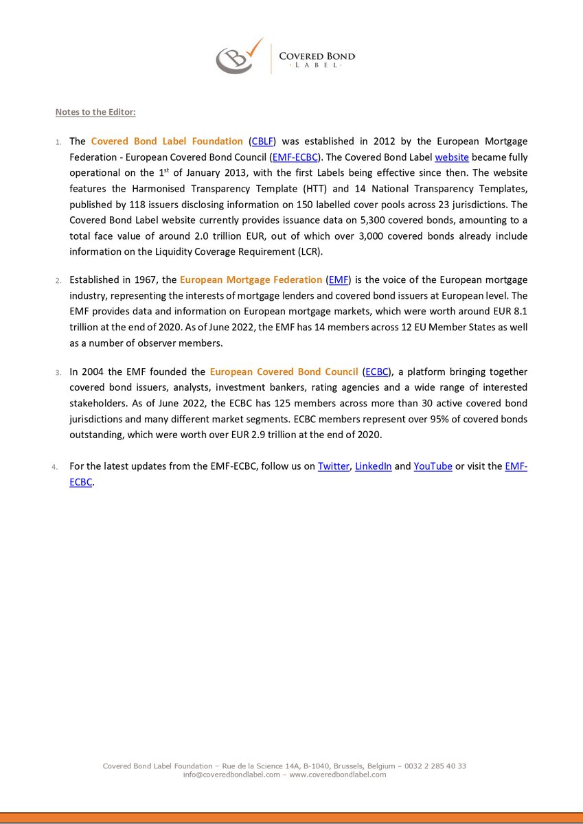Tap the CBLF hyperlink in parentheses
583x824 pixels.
(262, 141)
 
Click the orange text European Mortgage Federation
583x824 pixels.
(251, 279)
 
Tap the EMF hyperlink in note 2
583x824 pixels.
(339, 279)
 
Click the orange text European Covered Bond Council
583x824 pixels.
(284, 371)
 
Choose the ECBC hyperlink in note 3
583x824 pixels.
(377, 371)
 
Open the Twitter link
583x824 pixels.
(333, 466)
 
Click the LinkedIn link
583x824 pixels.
(373, 466)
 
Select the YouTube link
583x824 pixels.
(433, 466)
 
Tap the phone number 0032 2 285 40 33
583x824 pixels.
(435, 766)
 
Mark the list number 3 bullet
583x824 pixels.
(58, 372)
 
